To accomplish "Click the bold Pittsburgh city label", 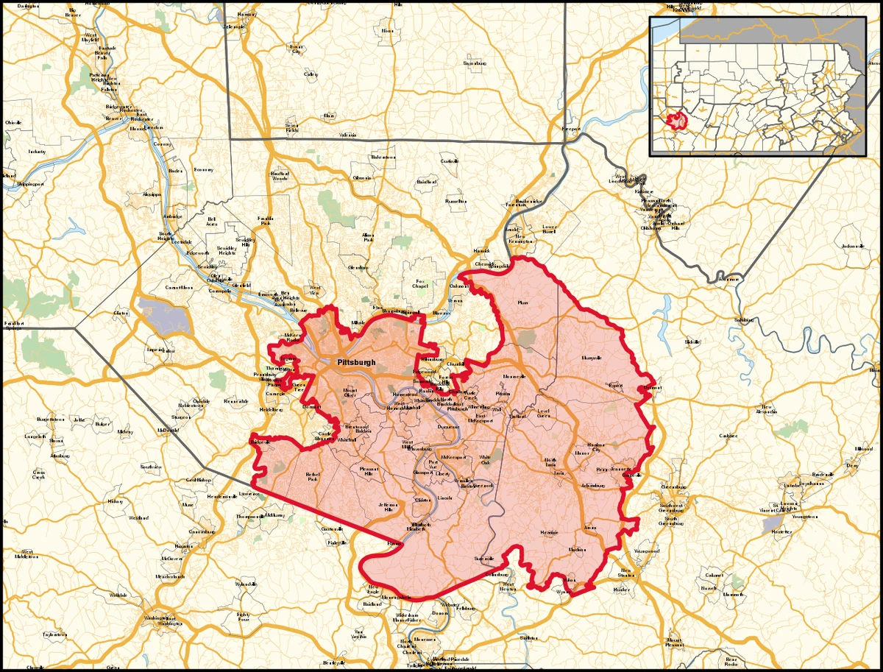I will [x=356, y=362].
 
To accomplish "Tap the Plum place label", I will [x=523, y=303].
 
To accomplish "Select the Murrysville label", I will [x=592, y=358].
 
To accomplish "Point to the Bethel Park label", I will [x=312, y=476].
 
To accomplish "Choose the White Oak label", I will [x=485, y=459].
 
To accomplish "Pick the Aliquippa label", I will [x=151, y=194].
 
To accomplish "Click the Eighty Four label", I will [x=244, y=617].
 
